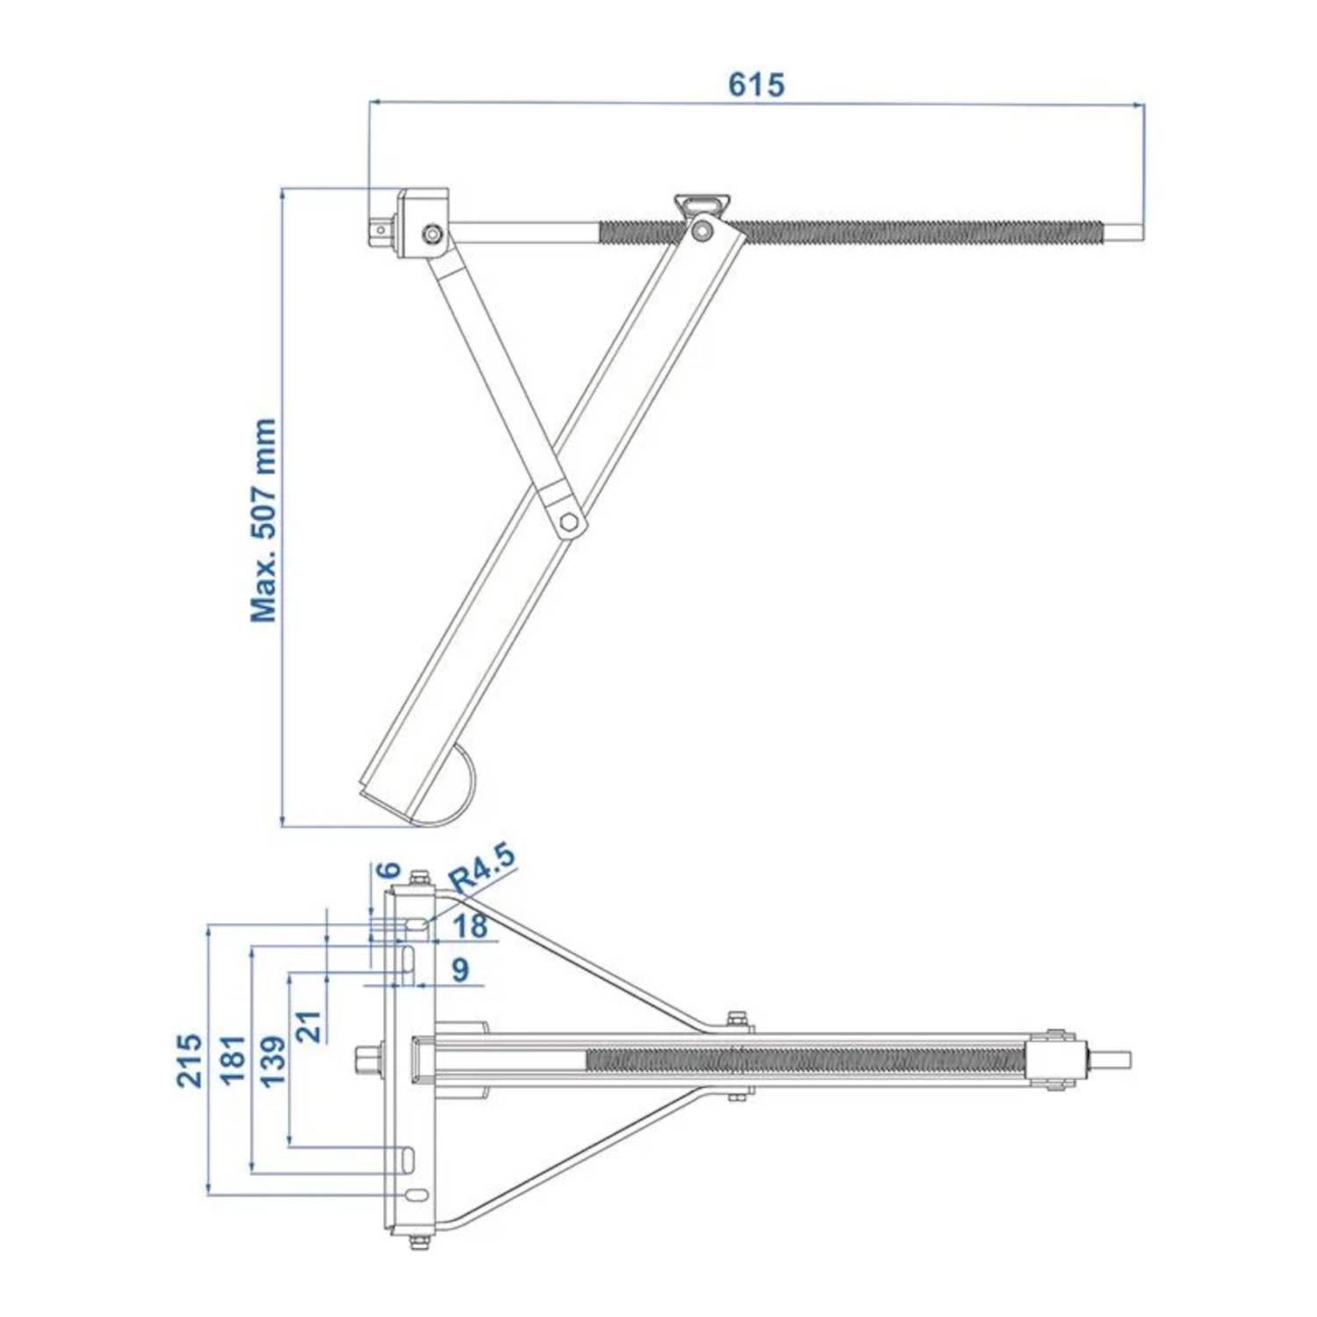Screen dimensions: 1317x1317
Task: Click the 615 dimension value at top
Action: click(756, 84)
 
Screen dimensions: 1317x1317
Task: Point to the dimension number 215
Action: click(190, 1060)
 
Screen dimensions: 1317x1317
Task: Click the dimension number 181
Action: click(232, 1060)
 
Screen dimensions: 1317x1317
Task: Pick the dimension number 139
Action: click(273, 1060)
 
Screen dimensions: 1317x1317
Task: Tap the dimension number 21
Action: click(309, 1026)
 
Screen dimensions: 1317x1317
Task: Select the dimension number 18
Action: click(471, 925)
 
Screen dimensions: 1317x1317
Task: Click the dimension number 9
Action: click(460, 969)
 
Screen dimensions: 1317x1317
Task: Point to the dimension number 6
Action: click(387, 870)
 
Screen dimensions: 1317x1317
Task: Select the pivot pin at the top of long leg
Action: click(701, 231)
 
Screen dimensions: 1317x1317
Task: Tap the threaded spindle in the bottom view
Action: click(803, 1061)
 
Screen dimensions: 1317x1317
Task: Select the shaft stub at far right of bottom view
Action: click(1110, 1060)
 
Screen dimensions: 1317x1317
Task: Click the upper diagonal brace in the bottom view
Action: click(579, 958)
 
